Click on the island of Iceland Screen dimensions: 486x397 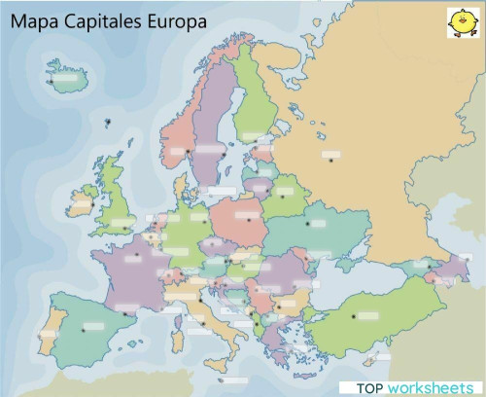coord(65,73)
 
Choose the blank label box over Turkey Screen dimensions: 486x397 coord(366,314)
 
